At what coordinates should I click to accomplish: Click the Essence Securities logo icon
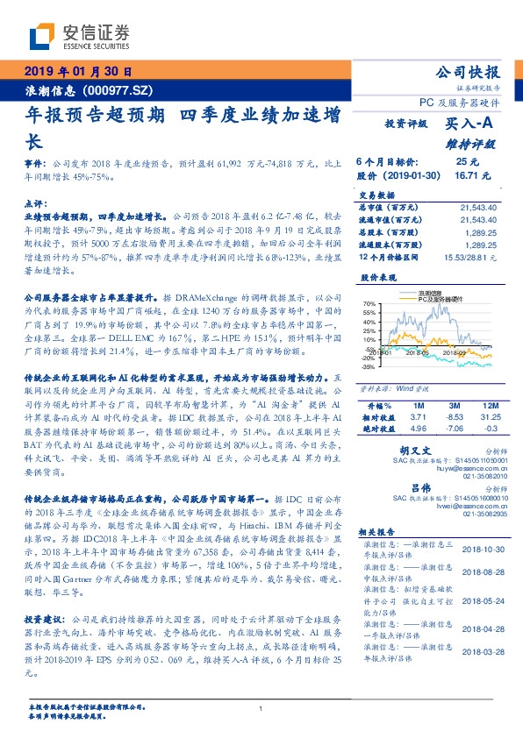pos(43,36)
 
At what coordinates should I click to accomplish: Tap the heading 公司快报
pos(468,72)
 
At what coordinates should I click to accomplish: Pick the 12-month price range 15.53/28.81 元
pos(472,257)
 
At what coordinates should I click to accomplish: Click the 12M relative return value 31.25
pos(491,418)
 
